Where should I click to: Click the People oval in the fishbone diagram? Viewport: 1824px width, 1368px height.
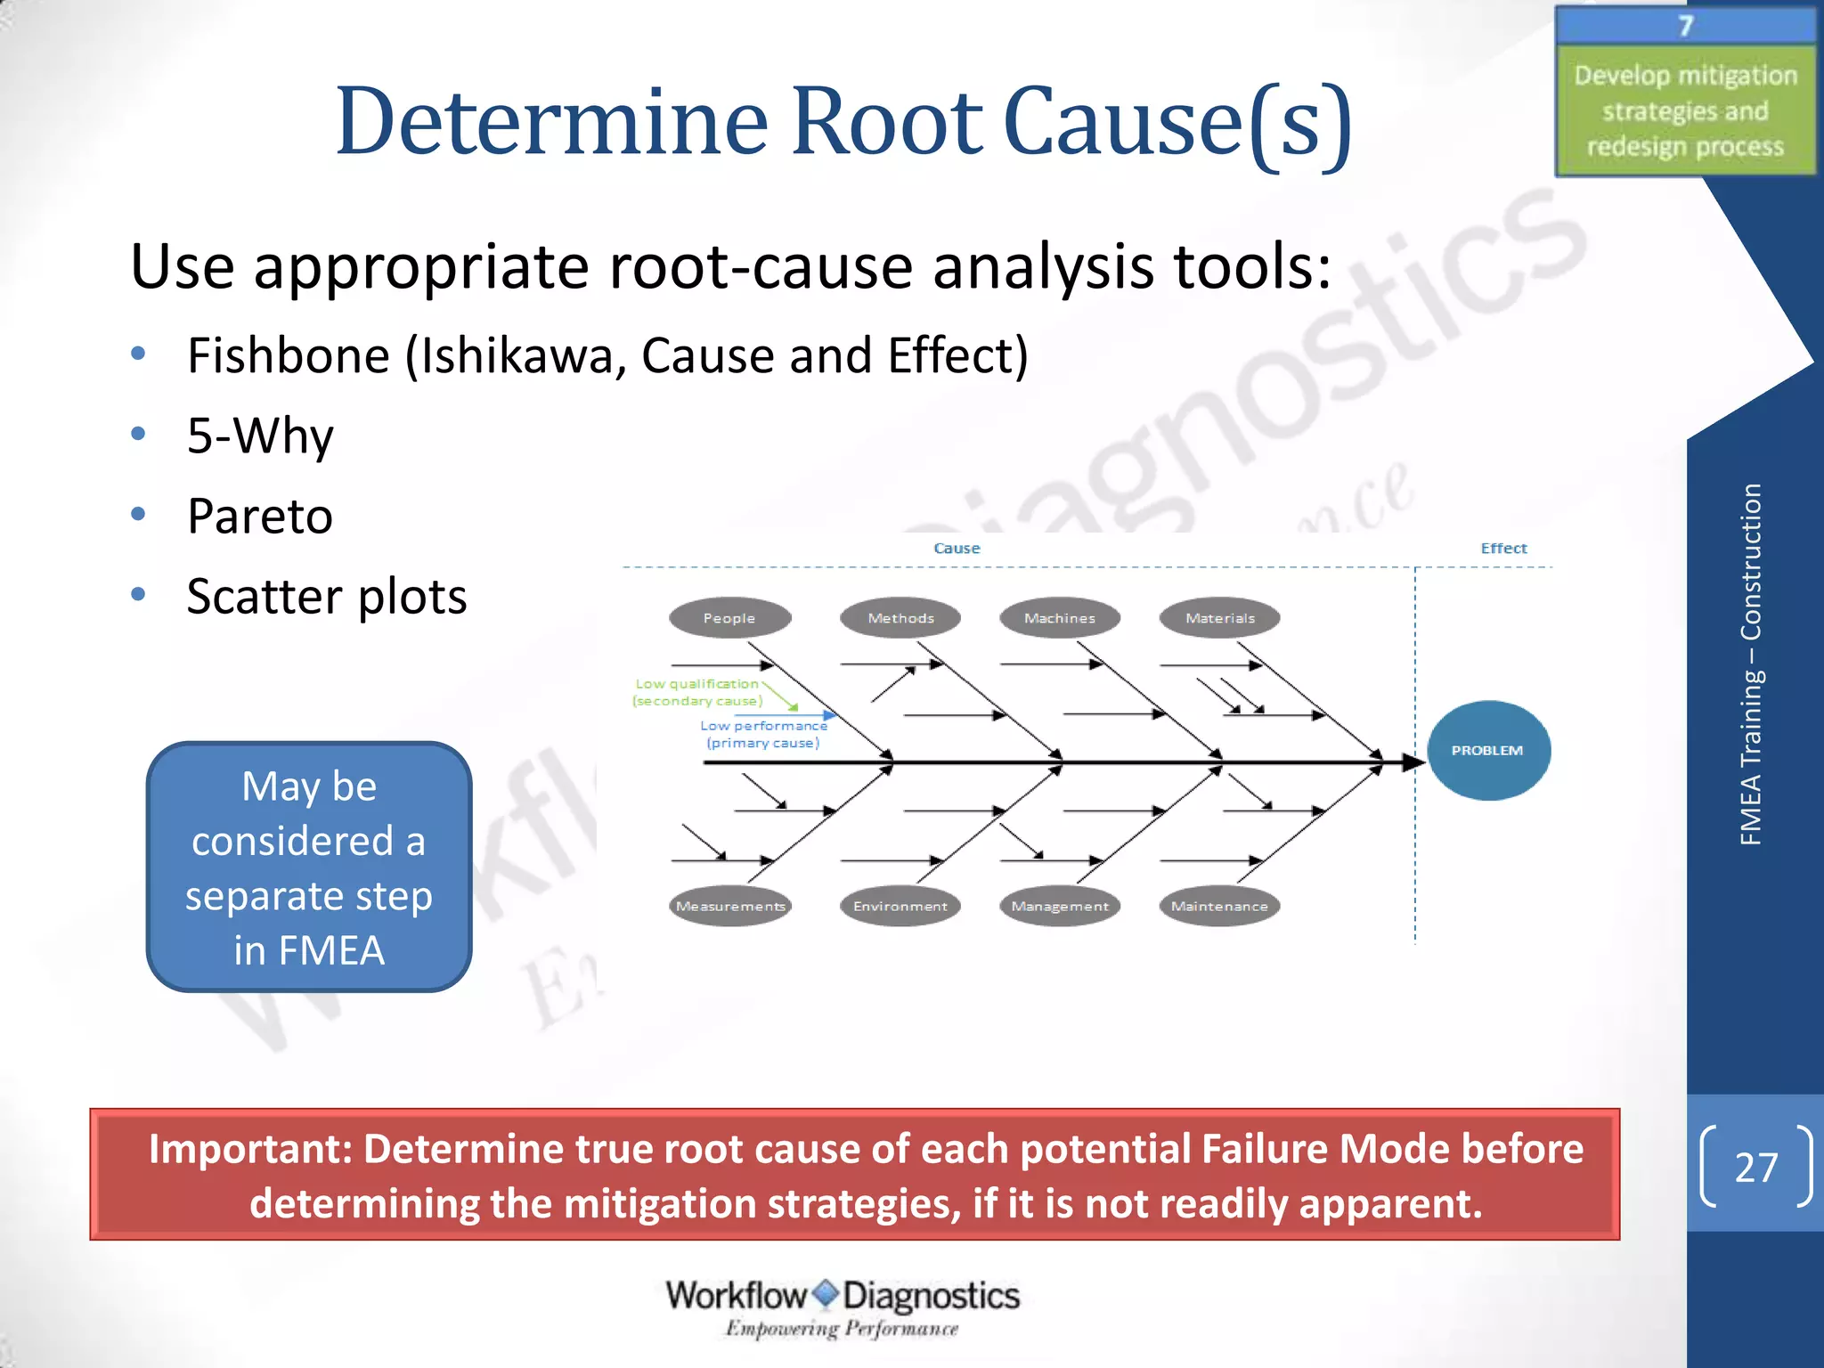coord(729,617)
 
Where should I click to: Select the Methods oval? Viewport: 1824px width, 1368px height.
coord(900,617)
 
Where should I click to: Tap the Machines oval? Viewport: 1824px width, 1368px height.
coord(1059,617)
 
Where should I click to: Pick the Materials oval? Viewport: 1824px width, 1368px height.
coord(1219,617)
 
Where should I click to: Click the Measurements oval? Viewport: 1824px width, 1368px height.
coord(730,906)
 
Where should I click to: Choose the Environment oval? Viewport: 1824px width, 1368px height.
coord(900,906)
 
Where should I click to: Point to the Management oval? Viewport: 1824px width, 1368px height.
coord(1059,906)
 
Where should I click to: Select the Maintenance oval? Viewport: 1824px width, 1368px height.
coord(1219,906)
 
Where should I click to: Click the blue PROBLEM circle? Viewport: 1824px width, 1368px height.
coord(1487,750)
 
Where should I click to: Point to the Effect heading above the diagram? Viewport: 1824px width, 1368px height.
coord(1503,548)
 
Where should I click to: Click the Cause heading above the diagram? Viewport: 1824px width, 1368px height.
coord(957,548)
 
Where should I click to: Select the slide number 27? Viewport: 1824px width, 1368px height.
coord(1755,1167)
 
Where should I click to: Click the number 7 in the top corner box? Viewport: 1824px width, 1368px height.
coord(1685,26)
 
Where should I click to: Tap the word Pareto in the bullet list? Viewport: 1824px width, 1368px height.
coord(260,516)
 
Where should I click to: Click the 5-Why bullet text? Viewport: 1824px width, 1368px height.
coord(260,436)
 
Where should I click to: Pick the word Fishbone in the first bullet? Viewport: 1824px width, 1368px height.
coord(289,355)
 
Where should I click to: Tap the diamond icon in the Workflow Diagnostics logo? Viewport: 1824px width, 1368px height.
coord(826,1293)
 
